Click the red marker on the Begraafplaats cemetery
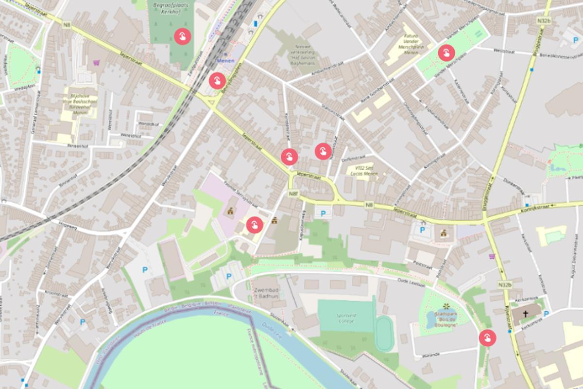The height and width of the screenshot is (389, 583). pyautogui.click(x=182, y=36)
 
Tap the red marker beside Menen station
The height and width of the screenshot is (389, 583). pyautogui.click(x=217, y=81)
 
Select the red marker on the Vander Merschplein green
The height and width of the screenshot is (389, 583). pyautogui.click(x=446, y=53)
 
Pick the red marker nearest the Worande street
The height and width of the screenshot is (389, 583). pyautogui.click(x=487, y=337)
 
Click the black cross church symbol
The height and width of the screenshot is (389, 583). pyautogui.click(x=525, y=314)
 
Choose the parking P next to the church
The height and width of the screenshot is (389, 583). pyautogui.click(x=546, y=314)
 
